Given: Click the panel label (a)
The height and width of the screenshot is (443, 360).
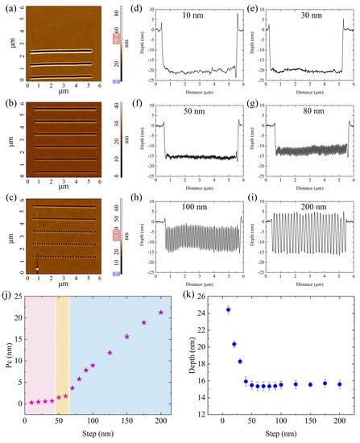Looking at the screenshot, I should coord(7,9).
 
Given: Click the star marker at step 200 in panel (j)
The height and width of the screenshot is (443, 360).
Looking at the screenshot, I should coord(161,313).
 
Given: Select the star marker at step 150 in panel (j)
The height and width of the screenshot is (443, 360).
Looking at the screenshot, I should coord(126,337).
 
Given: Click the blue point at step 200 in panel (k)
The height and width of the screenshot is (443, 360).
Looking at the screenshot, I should coord(339,384).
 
